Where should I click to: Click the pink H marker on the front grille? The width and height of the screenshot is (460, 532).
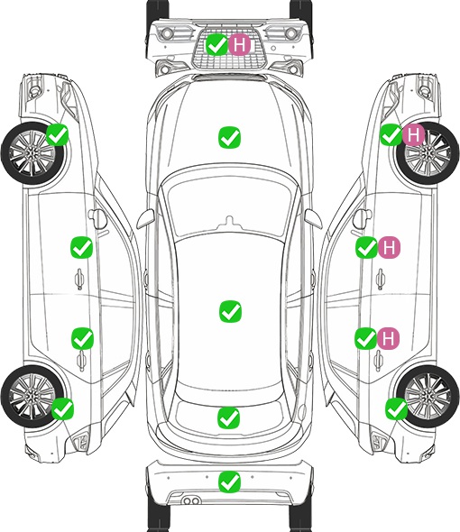(239, 44)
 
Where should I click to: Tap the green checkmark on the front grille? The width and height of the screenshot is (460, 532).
(216, 44)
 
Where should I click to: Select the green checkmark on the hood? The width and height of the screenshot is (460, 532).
(230, 137)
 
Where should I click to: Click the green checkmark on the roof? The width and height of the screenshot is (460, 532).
(231, 311)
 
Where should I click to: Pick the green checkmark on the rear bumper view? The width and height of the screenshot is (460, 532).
(230, 482)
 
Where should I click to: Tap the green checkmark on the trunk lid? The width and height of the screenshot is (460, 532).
(229, 417)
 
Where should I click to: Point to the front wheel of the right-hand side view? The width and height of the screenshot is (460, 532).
(428, 153)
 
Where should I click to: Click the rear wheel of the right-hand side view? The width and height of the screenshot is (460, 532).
(428, 397)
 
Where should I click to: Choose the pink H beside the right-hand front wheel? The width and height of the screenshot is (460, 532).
(413, 135)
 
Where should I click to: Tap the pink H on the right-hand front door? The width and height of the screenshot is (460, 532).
(390, 247)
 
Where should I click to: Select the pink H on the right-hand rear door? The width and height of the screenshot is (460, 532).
(389, 338)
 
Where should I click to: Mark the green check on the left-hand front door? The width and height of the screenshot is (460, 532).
(81, 247)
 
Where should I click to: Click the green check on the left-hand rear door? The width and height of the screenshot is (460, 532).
(82, 338)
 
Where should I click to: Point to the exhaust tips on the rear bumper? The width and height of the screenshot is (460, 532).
(191, 501)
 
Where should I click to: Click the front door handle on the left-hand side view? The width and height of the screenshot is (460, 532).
(79, 279)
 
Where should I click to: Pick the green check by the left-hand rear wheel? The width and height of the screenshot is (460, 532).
(63, 408)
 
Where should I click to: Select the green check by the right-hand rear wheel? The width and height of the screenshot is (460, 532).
(397, 408)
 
